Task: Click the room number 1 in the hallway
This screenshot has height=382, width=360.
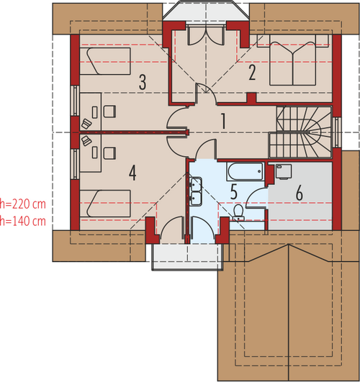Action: (223, 121)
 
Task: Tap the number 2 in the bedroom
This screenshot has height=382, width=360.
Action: (252, 73)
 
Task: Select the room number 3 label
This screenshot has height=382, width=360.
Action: (143, 82)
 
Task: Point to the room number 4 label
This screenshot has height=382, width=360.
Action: (132, 173)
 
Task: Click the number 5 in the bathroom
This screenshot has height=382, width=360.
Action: (234, 192)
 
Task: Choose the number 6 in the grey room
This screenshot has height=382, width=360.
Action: (300, 193)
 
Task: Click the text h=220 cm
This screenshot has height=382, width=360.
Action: (22, 204)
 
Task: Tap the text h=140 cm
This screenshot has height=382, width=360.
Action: (22, 221)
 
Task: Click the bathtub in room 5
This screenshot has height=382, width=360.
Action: (246, 171)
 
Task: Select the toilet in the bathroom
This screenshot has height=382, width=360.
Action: (238, 212)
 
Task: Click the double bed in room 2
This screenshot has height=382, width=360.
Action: (292, 60)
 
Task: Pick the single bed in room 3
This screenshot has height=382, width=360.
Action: (105, 61)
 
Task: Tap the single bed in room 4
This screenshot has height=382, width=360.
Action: (105, 204)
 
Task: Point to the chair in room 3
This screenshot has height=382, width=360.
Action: (109, 112)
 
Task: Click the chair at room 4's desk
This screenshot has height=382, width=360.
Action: (109, 153)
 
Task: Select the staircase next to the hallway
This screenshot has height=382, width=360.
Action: (300, 132)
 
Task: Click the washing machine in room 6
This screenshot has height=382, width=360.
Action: (284, 172)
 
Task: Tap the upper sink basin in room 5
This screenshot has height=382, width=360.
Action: (196, 184)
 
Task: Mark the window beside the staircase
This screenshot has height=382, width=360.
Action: (337, 132)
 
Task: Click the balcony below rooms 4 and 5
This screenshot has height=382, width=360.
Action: (187, 257)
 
